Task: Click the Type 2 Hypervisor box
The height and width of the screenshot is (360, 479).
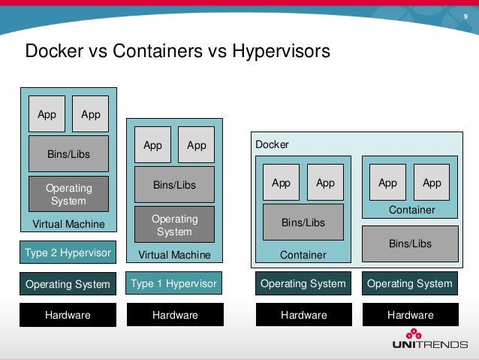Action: pos(68,253)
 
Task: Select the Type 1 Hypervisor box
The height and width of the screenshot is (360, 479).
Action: pos(174,283)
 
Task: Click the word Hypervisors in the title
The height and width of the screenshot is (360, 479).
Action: pos(281,52)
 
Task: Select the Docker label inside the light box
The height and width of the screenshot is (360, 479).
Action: pos(272,144)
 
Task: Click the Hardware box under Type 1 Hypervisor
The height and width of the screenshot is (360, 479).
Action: pos(174,315)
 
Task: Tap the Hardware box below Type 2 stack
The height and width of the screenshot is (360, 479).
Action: pos(68,315)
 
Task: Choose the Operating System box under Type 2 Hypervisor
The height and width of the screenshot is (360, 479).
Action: pos(68,284)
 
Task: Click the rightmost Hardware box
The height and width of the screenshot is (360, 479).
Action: pos(410,315)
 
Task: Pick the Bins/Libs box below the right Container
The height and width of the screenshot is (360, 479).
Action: pos(410,244)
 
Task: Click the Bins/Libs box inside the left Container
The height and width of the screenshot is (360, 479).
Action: pos(303,222)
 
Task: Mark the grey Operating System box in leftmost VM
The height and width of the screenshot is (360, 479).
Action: pos(68,194)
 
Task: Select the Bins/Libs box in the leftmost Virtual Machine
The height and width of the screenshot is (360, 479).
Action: pos(68,154)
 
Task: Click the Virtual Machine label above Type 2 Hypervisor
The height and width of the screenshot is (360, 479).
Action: pos(68,224)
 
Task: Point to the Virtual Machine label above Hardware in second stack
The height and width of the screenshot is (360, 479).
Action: pos(174,255)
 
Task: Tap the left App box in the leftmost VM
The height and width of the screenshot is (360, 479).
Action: pos(47,114)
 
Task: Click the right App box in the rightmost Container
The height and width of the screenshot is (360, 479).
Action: pos(432,183)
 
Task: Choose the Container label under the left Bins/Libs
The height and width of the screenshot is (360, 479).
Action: pos(303,255)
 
